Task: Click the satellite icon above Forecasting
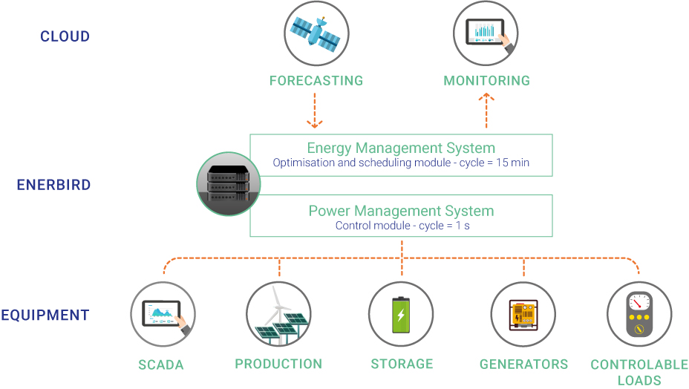(316, 33)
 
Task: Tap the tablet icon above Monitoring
(486, 33)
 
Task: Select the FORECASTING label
(316, 80)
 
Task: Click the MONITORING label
(487, 80)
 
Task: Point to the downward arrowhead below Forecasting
(315, 123)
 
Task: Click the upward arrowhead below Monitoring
(486, 97)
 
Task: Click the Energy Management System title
(401, 148)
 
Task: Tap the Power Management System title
(401, 211)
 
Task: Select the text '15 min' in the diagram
(513, 163)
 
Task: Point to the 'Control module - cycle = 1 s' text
(402, 226)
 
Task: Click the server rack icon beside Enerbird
(229, 183)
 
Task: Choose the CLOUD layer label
(65, 36)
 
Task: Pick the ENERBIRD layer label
(53, 185)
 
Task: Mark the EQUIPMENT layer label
(45, 316)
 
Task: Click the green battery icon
(401, 315)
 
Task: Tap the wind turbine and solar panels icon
(278, 314)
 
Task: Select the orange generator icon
(523, 315)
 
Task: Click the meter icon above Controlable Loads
(639, 314)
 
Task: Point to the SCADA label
(161, 365)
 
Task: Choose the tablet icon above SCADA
(163, 314)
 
